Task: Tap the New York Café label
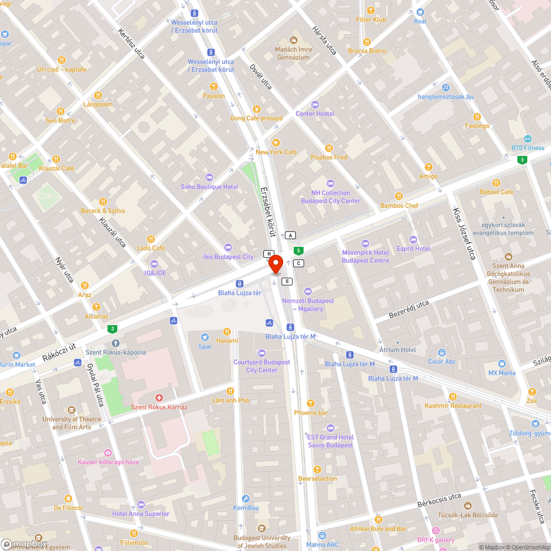(x=276, y=152)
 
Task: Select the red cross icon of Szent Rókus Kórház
(x=159, y=397)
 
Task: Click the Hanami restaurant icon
(x=227, y=331)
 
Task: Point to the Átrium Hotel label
(x=398, y=349)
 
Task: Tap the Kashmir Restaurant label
(x=453, y=406)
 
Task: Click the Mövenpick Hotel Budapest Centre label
(x=365, y=256)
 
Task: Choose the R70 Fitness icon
(x=528, y=138)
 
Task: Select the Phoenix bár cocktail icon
(x=311, y=403)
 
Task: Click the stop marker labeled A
(x=290, y=235)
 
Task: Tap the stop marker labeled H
(x=269, y=253)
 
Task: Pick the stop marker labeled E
(x=287, y=281)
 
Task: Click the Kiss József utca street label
(x=463, y=234)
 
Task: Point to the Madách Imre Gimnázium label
(x=293, y=53)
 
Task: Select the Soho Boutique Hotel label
(x=209, y=187)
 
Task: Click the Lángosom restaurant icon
(x=98, y=95)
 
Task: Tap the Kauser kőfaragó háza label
(x=108, y=462)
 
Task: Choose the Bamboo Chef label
(x=399, y=206)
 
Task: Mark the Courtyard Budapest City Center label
(x=262, y=366)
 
